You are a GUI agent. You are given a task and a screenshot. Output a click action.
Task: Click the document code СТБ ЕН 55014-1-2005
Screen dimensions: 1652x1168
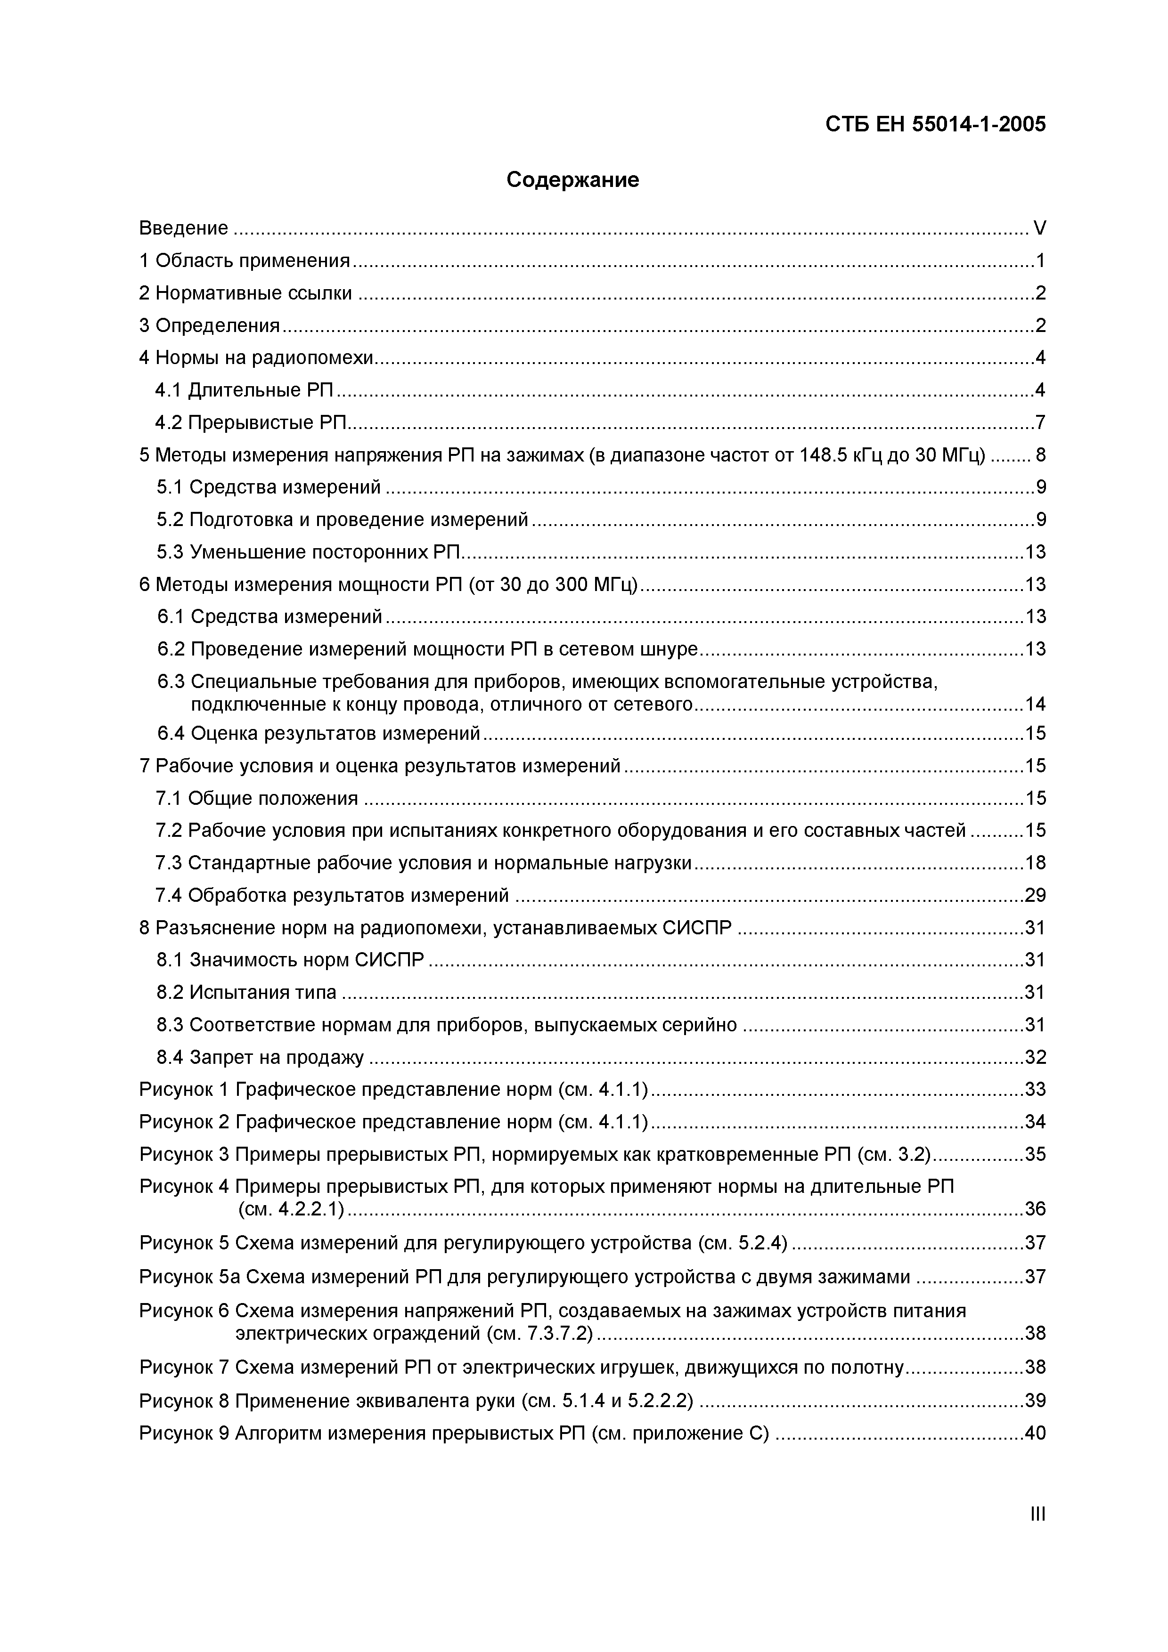point(935,124)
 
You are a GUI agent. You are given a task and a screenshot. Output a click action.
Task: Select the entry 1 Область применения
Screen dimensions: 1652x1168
point(245,260)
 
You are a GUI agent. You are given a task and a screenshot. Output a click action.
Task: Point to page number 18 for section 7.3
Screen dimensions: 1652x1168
point(1035,863)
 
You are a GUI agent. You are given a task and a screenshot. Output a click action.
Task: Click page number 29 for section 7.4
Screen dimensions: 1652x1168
point(1035,895)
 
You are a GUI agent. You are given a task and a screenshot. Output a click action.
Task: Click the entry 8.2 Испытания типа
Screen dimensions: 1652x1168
point(246,992)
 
